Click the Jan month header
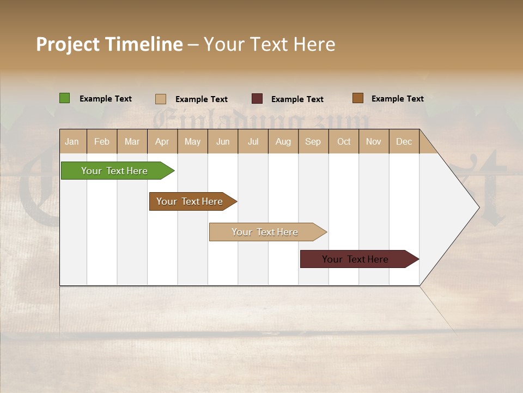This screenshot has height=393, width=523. (x=72, y=141)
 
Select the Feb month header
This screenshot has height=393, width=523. (x=102, y=141)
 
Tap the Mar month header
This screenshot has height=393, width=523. (x=132, y=141)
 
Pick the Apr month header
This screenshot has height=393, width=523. (x=162, y=141)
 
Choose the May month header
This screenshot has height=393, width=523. (x=192, y=141)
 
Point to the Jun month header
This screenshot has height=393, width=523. (x=223, y=141)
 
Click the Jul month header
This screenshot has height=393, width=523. (x=253, y=141)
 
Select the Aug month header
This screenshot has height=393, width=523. (x=283, y=141)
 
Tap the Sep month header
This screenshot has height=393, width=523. (x=313, y=141)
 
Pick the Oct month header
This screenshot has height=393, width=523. (x=344, y=141)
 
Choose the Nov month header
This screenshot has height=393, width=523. (x=374, y=141)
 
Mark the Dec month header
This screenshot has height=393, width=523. (x=404, y=141)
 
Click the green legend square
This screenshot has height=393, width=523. (x=65, y=98)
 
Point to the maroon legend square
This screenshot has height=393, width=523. (x=257, y=99)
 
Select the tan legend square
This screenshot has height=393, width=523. (x=161, y=99)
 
